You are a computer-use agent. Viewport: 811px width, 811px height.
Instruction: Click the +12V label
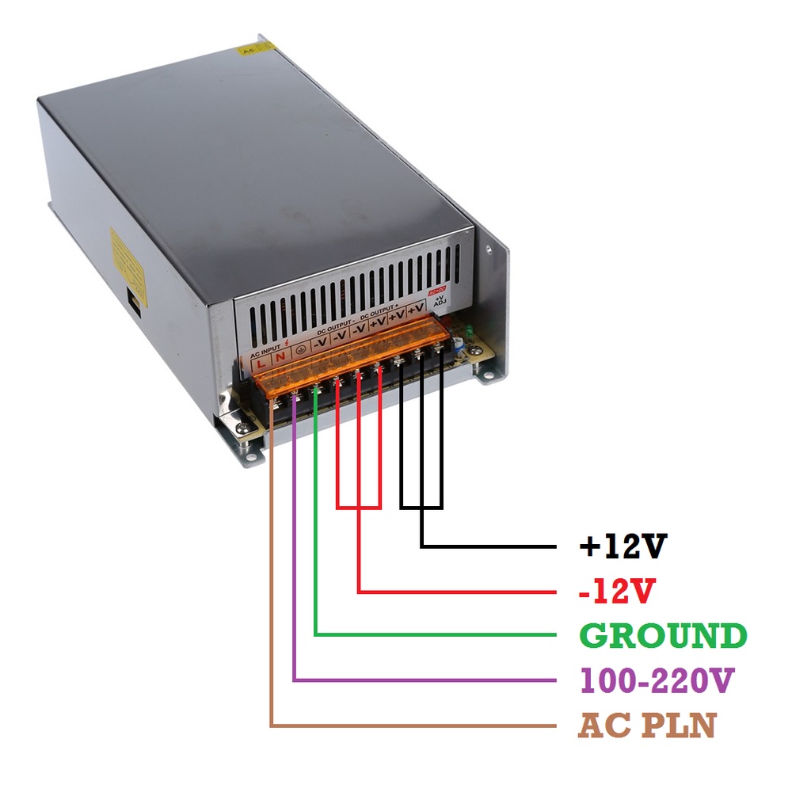pyautogui.click(x=623, y=546)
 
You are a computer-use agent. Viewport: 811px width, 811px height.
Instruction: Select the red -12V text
pyautogui.click(x=618, y=590)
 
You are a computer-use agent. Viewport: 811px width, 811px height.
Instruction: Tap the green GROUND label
pyautogui.click(x=663, y=635)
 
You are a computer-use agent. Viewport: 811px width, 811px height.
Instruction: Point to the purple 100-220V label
pyautogui.click(x=657, y=680)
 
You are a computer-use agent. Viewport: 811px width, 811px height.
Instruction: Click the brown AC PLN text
pyautogui.click(x=646, y=725)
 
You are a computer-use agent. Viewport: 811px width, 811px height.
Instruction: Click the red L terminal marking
pyautogui.click(x=261, y=363)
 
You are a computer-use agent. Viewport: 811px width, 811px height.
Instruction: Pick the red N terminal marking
pyautogui.click(x=280, y=358)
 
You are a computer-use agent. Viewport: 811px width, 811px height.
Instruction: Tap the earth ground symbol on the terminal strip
pyautogui.click(x=301, y=349)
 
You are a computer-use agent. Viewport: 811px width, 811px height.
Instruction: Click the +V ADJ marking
pyautogui.click(x=440, y=300)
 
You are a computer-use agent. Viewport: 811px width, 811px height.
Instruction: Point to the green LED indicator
pyautogui.click(x=470, y=331)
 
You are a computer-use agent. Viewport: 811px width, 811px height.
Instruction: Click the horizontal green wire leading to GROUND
pyautogui.click(x=436, y=634)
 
